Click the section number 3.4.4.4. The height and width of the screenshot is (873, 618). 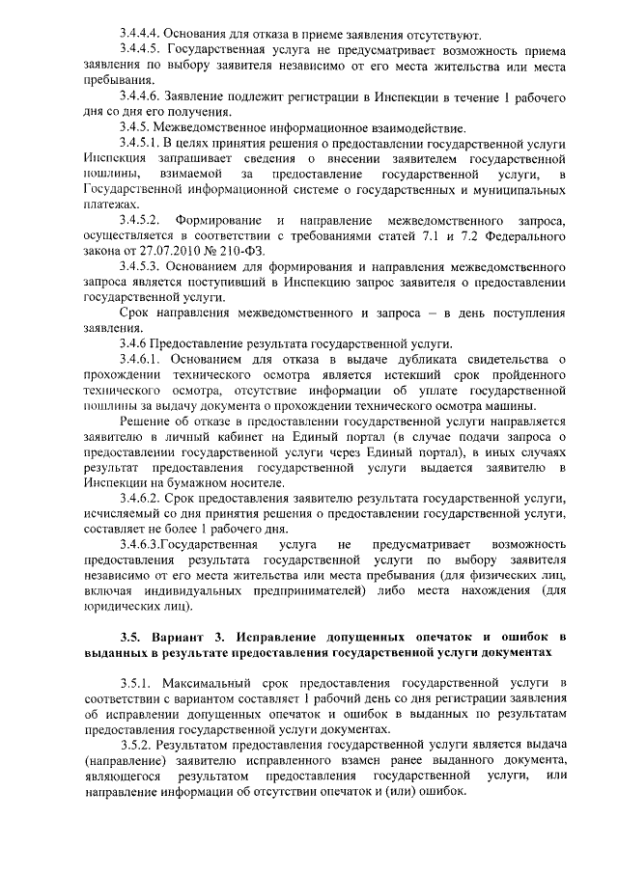[x=143, y=35]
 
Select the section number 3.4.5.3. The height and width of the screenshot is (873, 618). [x=143, y=264]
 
